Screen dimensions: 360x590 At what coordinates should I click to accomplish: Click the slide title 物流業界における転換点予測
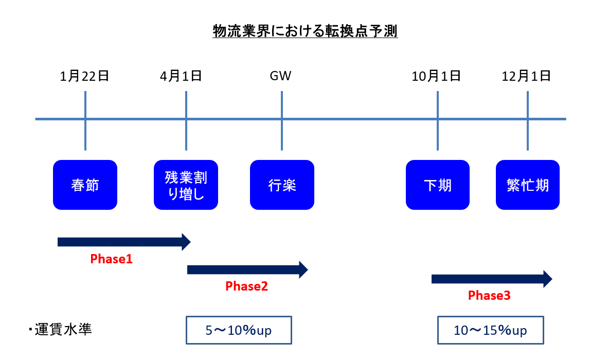[x=305, y=32]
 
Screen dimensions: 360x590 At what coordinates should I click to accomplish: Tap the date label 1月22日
[x=85, y=77]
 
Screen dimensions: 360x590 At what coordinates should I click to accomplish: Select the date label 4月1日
[x=181, y=77]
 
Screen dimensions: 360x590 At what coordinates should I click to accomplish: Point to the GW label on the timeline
[x=281, y=77]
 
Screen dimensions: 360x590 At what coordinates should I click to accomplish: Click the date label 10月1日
[x=436, y=77]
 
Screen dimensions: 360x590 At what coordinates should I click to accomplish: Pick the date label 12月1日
[x=527, y=77]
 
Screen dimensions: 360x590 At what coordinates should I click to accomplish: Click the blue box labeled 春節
[x=85, y=185]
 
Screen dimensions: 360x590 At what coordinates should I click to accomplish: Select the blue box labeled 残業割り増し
[x=186, y=185]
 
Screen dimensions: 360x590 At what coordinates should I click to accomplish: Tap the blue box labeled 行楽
[x=282, y=185]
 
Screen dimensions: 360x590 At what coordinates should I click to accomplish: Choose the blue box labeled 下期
[x=438, y=185]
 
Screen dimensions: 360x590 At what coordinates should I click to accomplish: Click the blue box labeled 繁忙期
[x=528, y=185]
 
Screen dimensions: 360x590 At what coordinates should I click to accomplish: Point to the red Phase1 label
[x=112, y=259]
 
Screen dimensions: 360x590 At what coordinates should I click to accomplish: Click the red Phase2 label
[x=247, y=286]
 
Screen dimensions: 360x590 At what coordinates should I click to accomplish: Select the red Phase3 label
[x=489, y=296]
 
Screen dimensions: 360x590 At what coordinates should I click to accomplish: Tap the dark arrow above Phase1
[x=123, y=242]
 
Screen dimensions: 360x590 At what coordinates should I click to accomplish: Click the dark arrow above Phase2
[x=247, y=269]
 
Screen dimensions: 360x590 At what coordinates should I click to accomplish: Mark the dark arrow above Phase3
[x=491, y=279]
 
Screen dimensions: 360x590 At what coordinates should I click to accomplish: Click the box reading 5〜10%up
[x=239, y=330]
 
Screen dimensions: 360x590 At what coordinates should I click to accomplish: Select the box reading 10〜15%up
[x=490, y=330]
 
